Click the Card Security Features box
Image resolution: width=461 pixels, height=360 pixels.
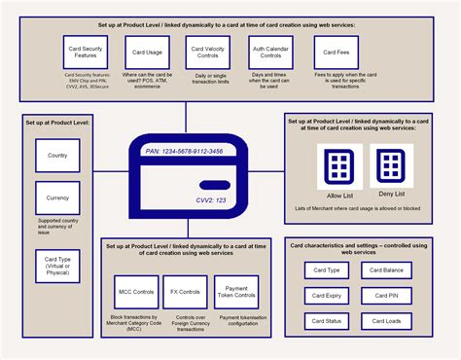pyautogui.click(x=83, y=53)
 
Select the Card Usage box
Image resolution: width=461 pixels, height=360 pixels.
pyautogui.click(x=148, y=53)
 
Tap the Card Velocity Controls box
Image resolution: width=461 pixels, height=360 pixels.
pyautogui.click(x=211, y=53)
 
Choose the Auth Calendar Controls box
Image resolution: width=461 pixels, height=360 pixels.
pyautogui.click(x=272, y=53)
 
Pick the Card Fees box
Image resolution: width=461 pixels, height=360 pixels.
pyautogui.click(x=336, y=53)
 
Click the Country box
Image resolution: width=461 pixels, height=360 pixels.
pyautogui.click(x=57, y=156)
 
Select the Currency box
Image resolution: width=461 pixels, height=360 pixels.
pyautogui.click(x=57, y=198)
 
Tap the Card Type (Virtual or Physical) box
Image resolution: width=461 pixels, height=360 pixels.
pyautogui.click(x=57, y=266)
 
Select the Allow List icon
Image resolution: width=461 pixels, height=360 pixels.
pyautogui.click(x=339, y=164)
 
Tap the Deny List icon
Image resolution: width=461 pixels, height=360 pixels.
pyautogui.click(x=391, y=164)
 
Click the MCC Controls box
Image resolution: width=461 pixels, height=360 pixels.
pyautogui.click(x=136, y=292)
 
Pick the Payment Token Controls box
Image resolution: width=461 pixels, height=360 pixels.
pyautogui.click(x=236, y=292)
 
